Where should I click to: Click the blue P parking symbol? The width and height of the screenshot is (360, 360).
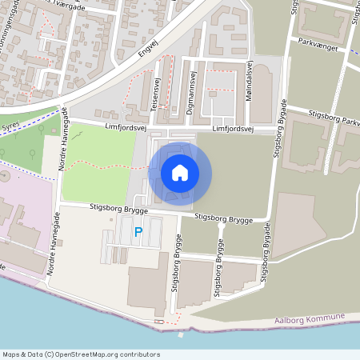(x=138, y=232)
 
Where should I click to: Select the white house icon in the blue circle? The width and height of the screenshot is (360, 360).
(x=180, y=173)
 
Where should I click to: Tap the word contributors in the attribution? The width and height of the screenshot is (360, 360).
(x=139, y=354)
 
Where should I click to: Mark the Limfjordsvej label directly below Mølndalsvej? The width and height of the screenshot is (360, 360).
(x=233, y=129)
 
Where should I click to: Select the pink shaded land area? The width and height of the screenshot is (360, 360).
(x=20, y=208)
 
